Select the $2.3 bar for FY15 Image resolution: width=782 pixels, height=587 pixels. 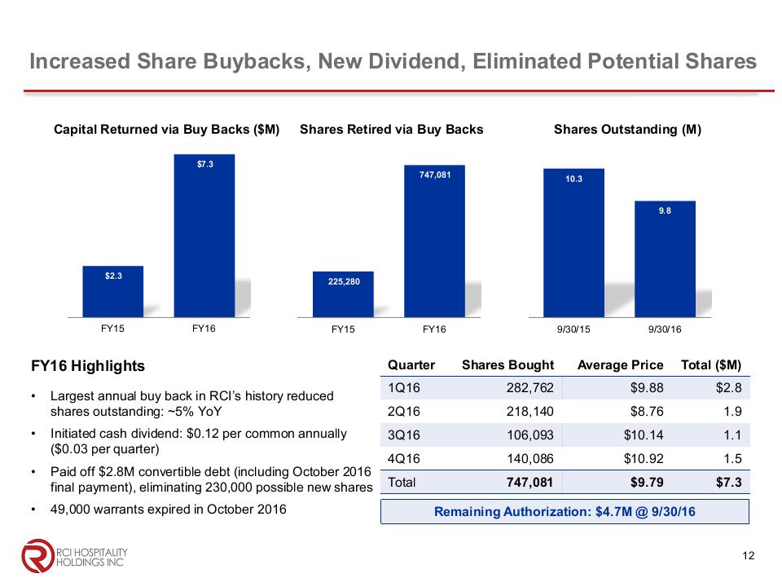coord(113,291)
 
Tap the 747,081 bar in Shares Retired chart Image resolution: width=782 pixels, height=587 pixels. coord(434,241)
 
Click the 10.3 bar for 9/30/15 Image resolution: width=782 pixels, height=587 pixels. coord(574,242)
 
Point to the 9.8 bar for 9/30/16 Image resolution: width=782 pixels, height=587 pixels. coord(665,258)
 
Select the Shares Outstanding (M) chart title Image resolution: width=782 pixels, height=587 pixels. coord(627,129)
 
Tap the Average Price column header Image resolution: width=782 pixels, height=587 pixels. coord(620,364)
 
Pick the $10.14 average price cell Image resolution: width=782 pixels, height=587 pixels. coord(643,435)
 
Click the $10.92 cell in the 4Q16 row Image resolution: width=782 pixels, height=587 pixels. coord(643,458)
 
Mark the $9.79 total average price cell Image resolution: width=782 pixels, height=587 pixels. coord(646,482)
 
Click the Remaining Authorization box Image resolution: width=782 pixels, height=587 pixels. coord(565,512)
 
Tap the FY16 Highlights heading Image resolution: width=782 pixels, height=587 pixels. coord(87,366)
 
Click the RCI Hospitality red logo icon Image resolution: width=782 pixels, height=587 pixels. coord(36,556)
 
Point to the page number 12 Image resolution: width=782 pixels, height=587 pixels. coord(749,556)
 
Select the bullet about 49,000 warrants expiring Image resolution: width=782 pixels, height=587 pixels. coord(168,510)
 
